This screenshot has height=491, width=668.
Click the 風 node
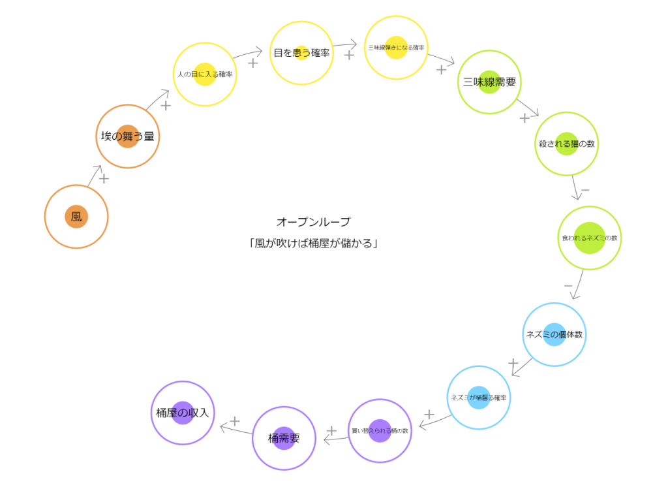point(76,217)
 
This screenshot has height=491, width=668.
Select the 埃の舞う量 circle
point(127,136)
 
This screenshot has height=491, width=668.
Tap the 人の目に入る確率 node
point(205,74)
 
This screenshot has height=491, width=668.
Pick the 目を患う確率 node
point(301,53)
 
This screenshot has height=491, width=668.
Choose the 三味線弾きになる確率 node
point(396,48)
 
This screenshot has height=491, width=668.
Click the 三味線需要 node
point(489,82)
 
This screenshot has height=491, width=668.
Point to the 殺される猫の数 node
point(566,144)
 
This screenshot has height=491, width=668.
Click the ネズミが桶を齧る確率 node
point(479,398)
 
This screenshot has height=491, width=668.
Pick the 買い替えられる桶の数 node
point(380,431)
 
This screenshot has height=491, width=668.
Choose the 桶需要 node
point(284,438)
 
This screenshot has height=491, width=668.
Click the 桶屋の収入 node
point(183,413)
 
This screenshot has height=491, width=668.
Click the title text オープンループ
point(313,222)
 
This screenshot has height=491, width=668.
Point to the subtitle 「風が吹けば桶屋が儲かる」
point(313,244)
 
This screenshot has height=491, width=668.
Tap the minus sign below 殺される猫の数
point(585,191)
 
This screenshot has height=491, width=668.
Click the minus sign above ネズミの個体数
point(568,286)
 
